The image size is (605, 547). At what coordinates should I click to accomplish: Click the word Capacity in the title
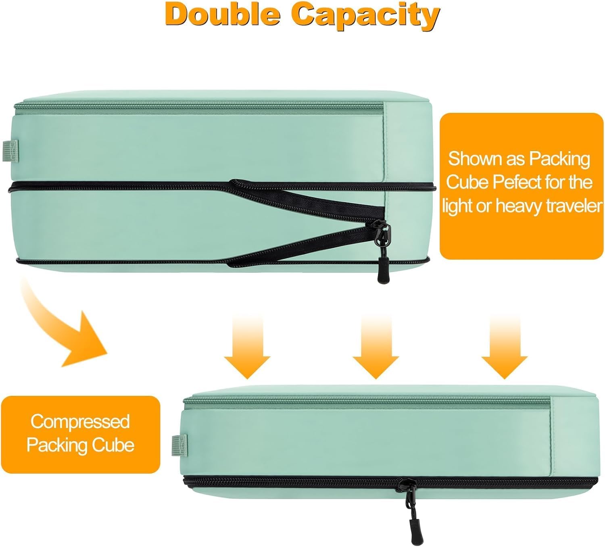(365, 15)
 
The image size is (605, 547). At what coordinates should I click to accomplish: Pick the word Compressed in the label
(80, 422)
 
